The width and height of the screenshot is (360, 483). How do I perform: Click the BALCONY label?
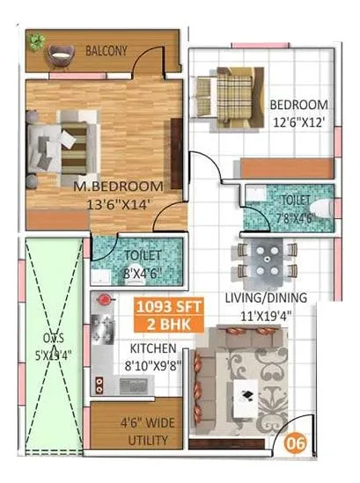(x=106, y=52)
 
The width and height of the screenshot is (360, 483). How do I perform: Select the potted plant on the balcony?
(x=36, y=40)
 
